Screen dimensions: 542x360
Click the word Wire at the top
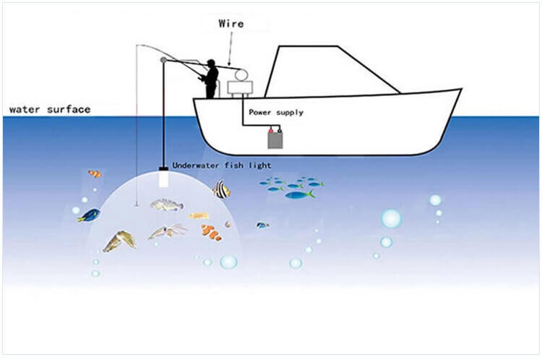[231, 24]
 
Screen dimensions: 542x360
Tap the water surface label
[50, 110]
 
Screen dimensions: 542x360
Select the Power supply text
[276, 112]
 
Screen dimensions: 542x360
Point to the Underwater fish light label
[222, 166]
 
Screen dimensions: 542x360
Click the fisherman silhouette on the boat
[210, 79]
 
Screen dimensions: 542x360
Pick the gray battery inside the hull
[275, 140]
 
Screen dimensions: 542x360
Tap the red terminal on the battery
[271, 130]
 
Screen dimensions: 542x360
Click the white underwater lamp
[163, 179]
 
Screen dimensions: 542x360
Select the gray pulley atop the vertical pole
[163, 60]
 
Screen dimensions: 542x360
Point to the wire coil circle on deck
[241, 74]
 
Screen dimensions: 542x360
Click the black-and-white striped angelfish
[221, 189]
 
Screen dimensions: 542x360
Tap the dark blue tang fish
[89, 215]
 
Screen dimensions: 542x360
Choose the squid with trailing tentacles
[168, 231]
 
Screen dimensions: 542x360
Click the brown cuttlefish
[119, 241]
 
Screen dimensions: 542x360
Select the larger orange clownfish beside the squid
[211, 232]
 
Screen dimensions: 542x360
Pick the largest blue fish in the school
[300, 195]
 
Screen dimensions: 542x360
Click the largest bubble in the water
[391, 218]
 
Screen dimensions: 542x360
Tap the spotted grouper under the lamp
[167, 205]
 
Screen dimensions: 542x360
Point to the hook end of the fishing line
[136, 205]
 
